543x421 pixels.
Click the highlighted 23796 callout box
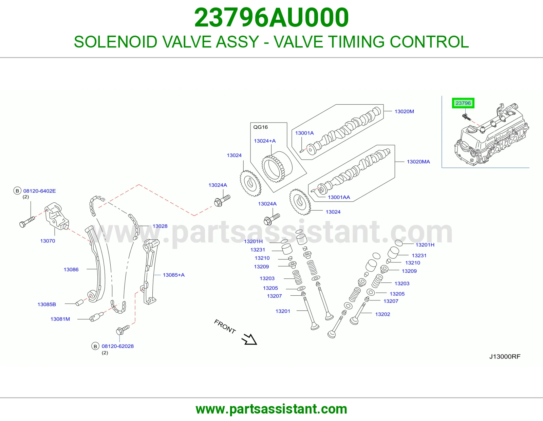pos(463,103)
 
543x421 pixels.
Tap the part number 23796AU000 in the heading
pos(271,18)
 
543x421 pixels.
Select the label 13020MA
pos(418,162)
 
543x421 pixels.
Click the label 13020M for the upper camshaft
pos(404,111)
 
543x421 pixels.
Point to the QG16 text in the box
pos(260,127)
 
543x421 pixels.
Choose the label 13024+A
pos(265,141)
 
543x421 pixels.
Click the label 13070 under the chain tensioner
pos(48,241)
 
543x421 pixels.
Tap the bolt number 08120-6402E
pos(39,191)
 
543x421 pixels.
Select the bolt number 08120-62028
pos(117,346)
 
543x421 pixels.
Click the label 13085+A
pos(174,275)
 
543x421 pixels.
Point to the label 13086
pos(71,270)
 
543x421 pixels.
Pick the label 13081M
pos(60,319)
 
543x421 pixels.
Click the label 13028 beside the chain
pos(160,226)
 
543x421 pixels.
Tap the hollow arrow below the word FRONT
pos(249,339)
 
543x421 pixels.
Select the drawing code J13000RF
pos(505,356)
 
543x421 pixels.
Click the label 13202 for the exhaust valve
pos(382,314)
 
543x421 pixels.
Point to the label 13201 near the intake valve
pos(283,311)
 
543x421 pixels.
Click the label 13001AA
pos(339,197)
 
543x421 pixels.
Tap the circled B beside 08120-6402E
pos(17,191)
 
